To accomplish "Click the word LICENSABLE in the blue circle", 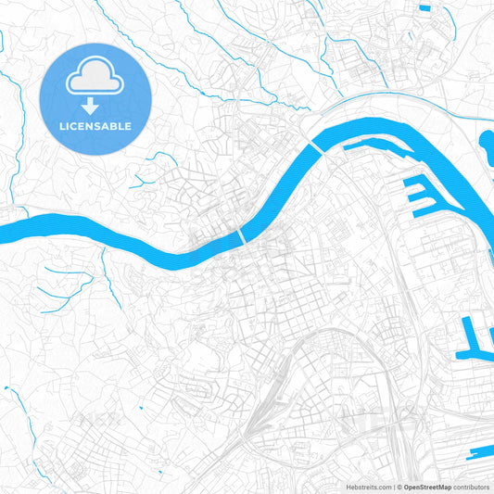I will [x=95, y=126].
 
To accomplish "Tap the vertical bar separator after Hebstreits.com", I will [x=394, y=487].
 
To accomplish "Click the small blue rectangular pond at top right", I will [x=425, y=8].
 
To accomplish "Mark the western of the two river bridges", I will [x=244, y=237].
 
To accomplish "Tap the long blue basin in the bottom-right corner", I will [x=481, y=454].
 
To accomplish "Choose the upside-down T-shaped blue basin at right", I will [x=474, y=338].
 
